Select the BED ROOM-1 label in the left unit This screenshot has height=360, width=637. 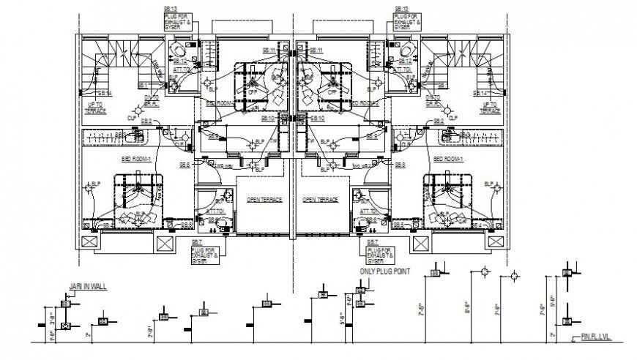135,159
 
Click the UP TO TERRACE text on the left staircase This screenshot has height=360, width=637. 95,108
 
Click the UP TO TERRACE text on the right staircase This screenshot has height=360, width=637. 489,108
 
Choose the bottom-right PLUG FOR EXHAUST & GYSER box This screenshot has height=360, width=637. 379,253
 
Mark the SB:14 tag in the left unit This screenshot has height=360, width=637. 105,94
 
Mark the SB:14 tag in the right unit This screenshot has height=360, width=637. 481,94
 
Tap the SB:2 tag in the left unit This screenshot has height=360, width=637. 146,121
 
